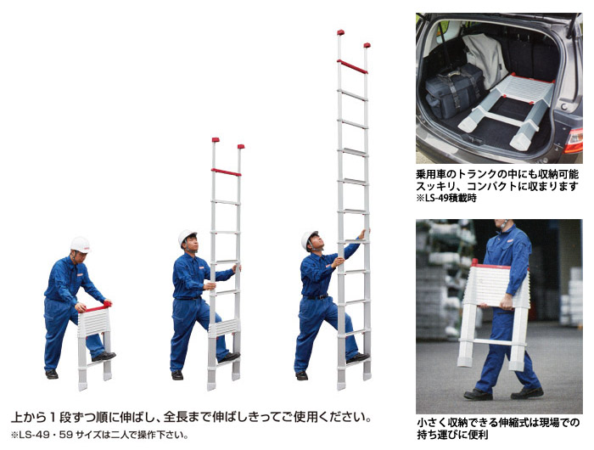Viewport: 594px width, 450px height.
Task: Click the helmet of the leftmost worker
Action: (x=81, y=245)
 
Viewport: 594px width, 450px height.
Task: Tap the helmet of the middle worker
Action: (x=188, y=236)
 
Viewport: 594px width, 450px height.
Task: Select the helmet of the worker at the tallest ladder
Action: (x=309, y=239)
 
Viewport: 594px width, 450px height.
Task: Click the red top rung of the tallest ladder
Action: (x=352, y=67)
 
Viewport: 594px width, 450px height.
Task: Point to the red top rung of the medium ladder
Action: (x=227, y=172)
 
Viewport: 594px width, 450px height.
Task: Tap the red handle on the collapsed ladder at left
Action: (x=98, y=307)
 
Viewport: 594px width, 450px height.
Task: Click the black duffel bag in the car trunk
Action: (x=455, y=90)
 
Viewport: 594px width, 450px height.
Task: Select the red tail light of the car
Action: (x=574, y=140)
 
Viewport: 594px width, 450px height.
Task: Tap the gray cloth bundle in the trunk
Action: (x=485, y=59)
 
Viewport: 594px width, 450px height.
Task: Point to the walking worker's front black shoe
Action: (x=478, y=395)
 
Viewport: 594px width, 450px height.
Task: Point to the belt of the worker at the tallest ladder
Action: (x=317, y=297)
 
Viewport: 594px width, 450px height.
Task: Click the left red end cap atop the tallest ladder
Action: (x=340, y=32)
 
